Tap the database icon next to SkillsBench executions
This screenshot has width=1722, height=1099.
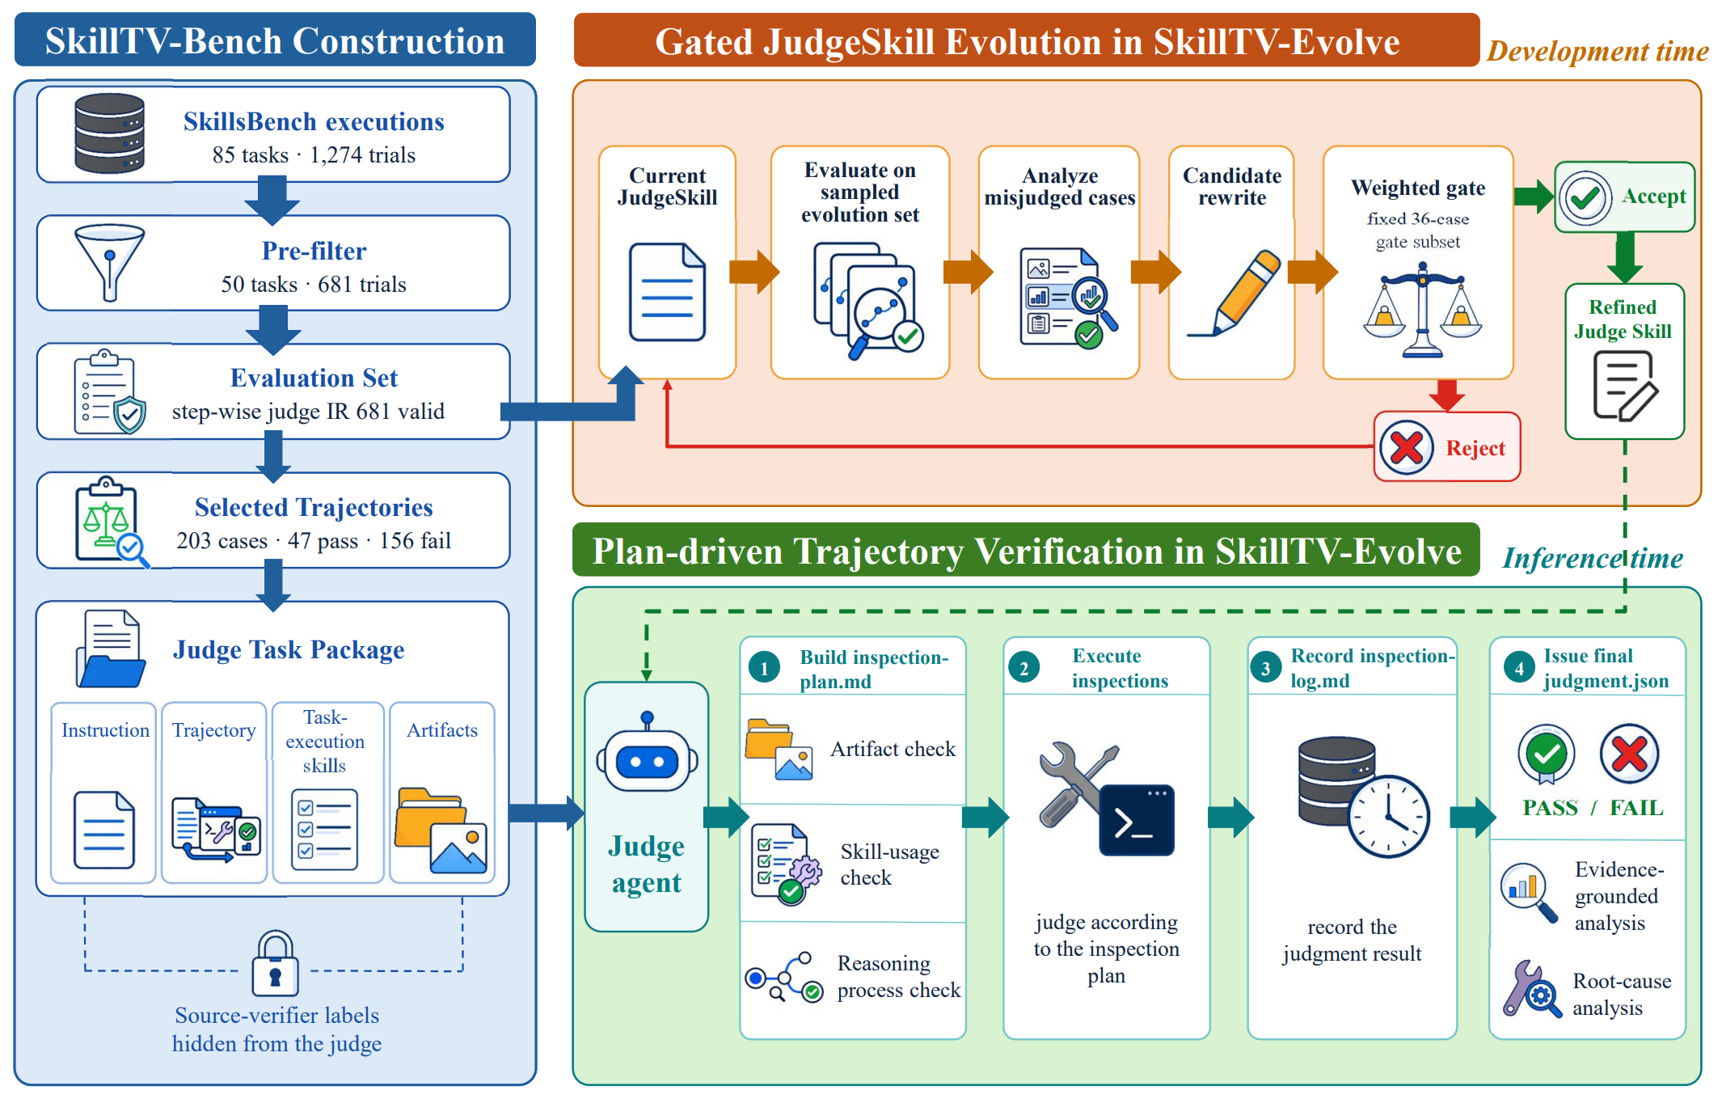(x=109, y=133)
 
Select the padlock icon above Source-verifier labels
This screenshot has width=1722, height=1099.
(x=275, y=963)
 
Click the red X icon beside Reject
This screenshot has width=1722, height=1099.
(x=1407, y=447)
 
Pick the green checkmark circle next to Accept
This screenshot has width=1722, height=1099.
(x=1585, y=197)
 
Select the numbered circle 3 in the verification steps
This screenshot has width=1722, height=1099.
(x=1266, y=668)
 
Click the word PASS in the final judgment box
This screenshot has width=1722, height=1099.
(x=1550, y=807)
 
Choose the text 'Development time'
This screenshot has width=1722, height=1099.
(x=1597, y=51)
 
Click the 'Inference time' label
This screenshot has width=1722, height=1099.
(x=1593, y=558)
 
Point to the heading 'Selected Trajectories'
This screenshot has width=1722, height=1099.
(x=314, y=507)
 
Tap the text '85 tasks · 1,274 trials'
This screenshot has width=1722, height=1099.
(x=314, y=154)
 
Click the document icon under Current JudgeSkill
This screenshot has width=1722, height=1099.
(x=667, y=292)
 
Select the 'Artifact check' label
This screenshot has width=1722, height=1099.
(x=893, y=749)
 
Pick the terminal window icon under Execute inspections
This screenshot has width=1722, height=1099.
(x=1136, y=819)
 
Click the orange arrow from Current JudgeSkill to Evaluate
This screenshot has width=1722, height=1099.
(x=754, y=272)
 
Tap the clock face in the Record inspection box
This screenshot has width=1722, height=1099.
(x=1388, y=817)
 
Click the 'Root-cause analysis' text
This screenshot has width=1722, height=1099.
(x=1622, y=994)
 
